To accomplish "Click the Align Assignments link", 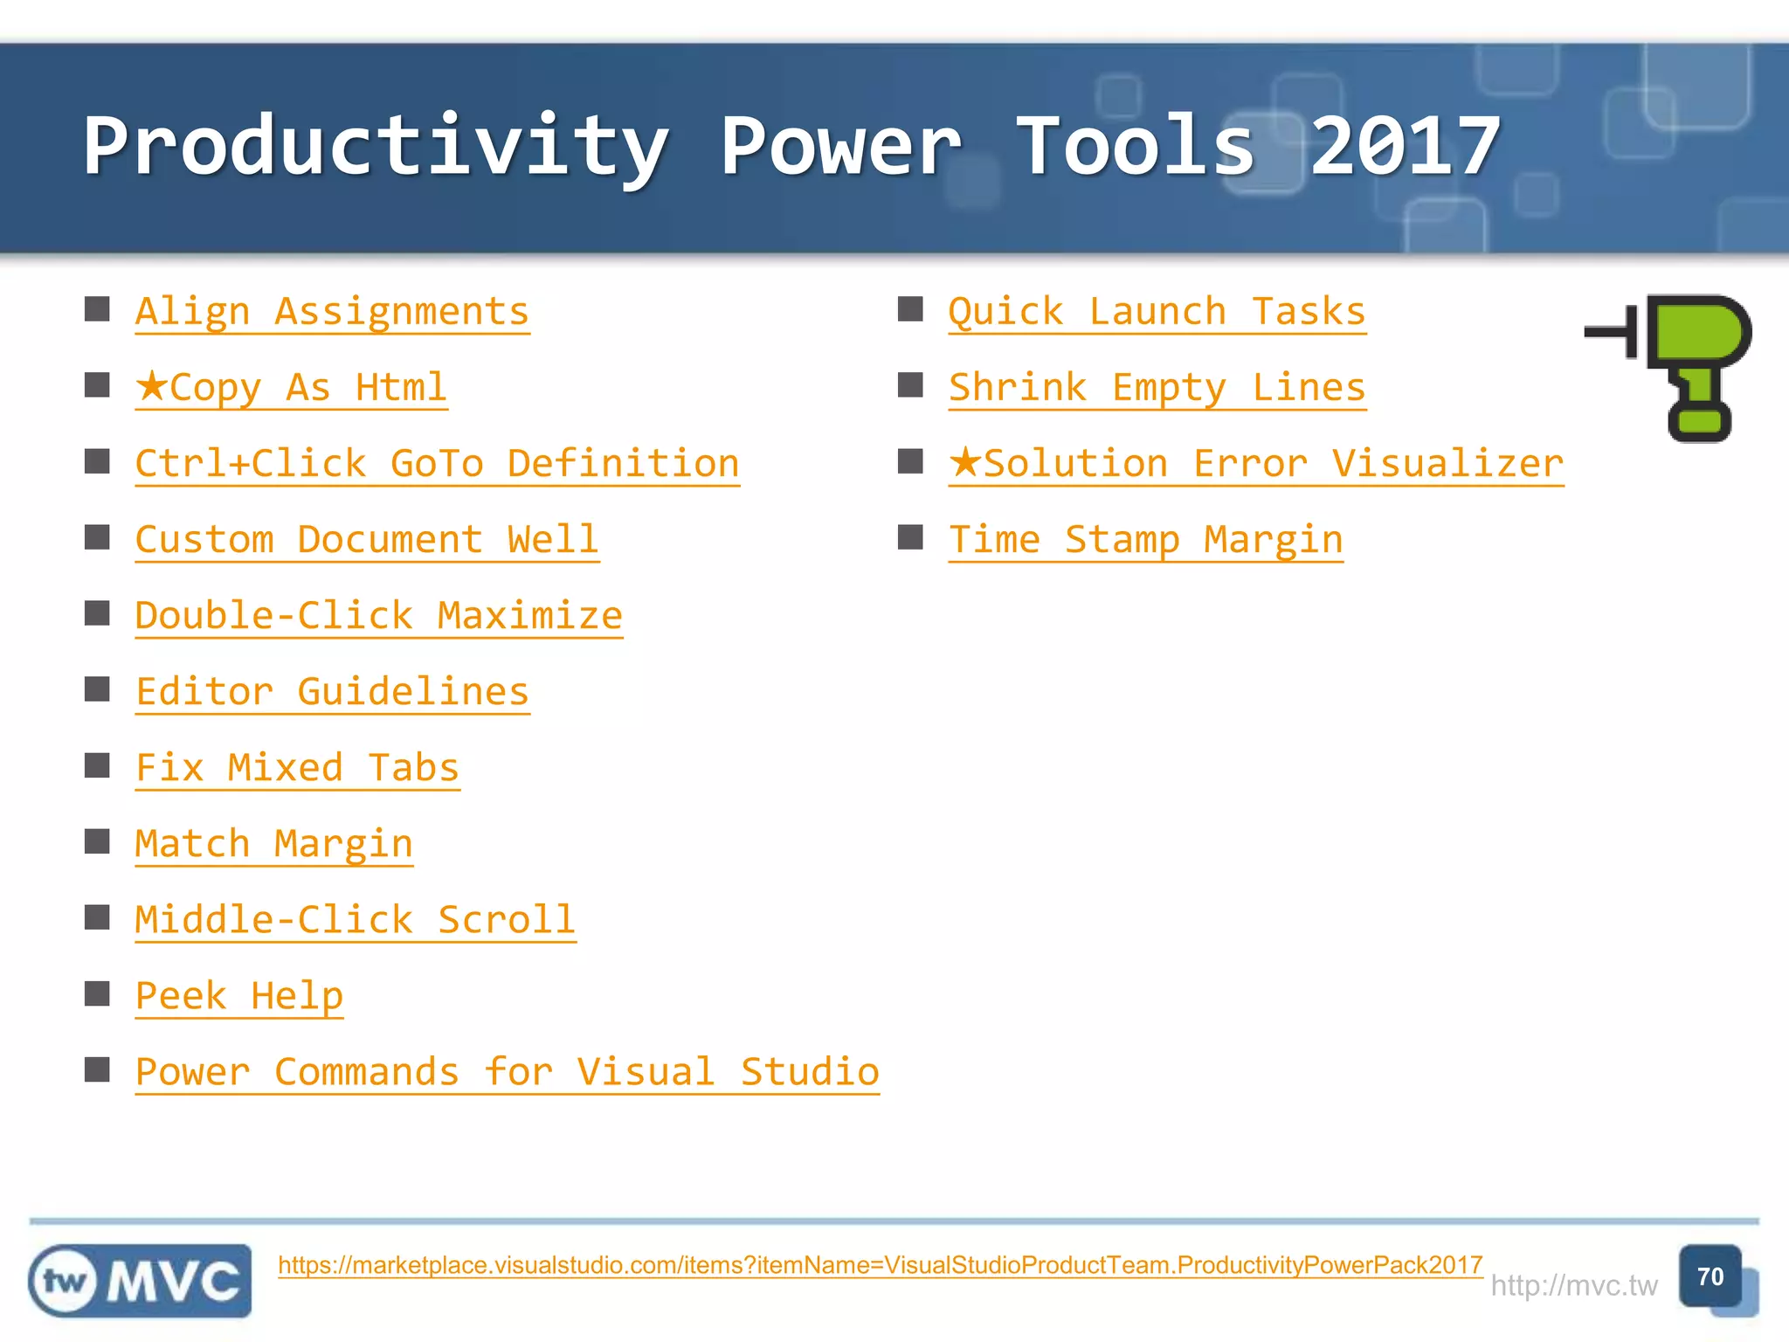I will click(x=332, y=312).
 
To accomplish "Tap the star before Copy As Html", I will click(x=151, y=385).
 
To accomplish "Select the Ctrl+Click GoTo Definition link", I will click(x=437, y=464).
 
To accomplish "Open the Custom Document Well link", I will click(x=367, y=540).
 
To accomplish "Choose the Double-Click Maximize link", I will click(x=378, y=616).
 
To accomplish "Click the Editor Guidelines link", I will click(x=332, y=692).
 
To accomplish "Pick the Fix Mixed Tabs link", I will click(x=297, y=768).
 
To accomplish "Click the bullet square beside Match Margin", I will click(x=97, y=841).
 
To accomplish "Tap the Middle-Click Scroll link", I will click(x=355, y=920).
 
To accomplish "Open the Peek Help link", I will click(x=239, y=996).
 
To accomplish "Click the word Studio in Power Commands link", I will click(x=809, y=1072).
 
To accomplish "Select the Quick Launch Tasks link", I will click(x=1157, y=312).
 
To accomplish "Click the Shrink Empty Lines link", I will click(x=1157, y=388).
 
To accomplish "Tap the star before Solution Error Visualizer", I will click(x=965, y=461).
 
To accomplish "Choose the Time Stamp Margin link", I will click(x=1145, y=540).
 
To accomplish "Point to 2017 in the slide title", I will click(x=1405, y=147).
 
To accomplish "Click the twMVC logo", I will click(x=140, y=1281).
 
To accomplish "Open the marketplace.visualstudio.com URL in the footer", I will click(x=880, y=1265).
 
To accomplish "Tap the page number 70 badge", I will click(x=1710, y=1276).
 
